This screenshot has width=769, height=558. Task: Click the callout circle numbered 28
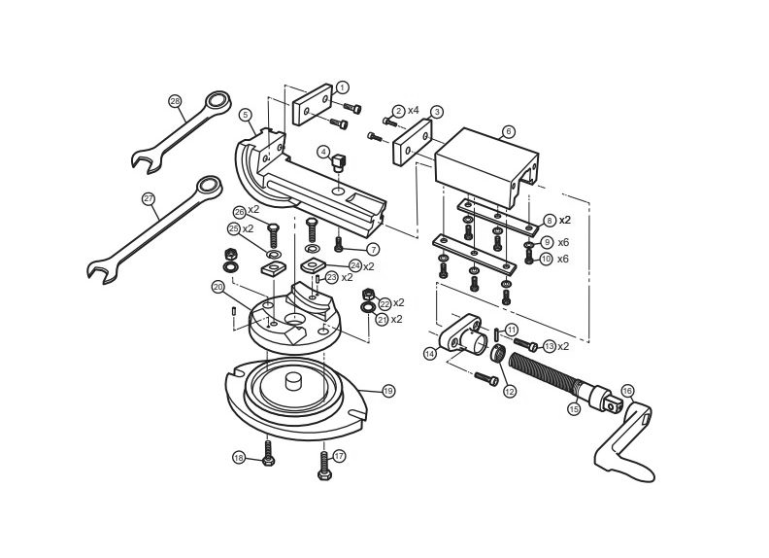175,102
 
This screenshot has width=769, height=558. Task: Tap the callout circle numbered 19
388,391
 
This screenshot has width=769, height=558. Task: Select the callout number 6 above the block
509,131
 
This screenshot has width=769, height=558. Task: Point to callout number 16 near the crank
627,391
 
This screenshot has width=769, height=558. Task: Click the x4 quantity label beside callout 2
414,110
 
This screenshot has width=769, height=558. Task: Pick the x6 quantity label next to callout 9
563,242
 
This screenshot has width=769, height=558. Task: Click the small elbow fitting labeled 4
339,161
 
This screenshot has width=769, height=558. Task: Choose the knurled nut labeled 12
498,354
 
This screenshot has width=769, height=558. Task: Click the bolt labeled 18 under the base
268,453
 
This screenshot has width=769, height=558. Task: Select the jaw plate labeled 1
313,105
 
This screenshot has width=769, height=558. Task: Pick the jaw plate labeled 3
413,142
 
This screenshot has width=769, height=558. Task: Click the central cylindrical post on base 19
294,381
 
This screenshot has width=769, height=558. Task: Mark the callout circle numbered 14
430,353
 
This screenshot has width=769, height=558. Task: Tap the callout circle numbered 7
373,250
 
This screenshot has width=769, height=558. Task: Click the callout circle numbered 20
217,288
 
